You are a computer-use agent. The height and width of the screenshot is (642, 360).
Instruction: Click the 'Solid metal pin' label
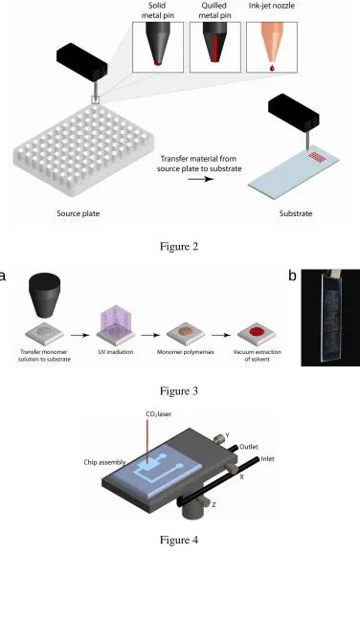(158, 11)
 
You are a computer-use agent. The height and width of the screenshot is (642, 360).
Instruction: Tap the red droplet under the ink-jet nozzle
(272, 68)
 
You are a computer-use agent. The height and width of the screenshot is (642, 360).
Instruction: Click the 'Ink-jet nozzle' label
(272, 6)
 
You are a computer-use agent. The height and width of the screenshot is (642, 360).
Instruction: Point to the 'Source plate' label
(79, 213)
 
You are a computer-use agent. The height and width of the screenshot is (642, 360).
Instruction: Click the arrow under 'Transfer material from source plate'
(201, 179)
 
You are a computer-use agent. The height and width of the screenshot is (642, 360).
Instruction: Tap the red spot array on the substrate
(316, 156)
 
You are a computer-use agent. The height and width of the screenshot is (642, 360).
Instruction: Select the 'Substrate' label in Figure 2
(296, 213)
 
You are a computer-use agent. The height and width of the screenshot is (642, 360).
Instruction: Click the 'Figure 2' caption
(179, 247)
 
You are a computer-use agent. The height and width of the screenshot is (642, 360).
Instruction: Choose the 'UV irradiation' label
(116, 352)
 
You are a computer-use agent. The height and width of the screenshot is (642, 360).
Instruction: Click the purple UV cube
(116, 321)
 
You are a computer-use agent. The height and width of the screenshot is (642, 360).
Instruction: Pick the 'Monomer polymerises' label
(186, 352)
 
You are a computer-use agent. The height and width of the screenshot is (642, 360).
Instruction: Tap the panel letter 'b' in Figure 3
(292, 276)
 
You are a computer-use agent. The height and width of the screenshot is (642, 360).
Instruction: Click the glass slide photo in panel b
(330, 317)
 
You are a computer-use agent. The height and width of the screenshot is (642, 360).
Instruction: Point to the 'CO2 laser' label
(159, 414)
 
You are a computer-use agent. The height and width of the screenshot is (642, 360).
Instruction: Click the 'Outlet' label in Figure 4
(249, 447)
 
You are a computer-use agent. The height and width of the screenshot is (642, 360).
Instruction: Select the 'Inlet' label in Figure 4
(267, 459)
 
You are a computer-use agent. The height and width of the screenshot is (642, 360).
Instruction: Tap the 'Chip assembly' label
(104, 462)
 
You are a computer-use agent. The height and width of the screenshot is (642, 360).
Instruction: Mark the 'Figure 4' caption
(179, 540)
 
